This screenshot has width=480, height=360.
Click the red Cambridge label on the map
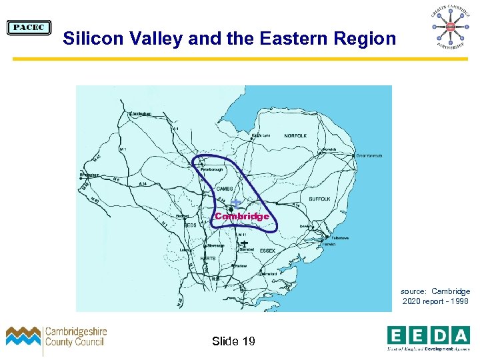(x=242, y=217)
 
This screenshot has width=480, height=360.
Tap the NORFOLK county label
(x=295, y=136)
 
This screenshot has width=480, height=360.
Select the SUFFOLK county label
(x=319, y=199)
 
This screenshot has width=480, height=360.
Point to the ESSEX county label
(x=268, y=251)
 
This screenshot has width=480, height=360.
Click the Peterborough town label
(x=213, y=169)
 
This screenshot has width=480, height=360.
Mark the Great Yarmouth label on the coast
(x=369, y=155)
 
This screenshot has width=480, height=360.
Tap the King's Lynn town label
(x=261, y=135)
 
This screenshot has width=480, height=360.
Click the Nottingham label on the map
(x=141, y=113)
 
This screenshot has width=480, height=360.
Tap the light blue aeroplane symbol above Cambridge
(x=237, y=203)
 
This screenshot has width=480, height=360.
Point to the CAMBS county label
(x=224, y=189)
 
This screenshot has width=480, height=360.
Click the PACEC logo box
(x=29, y=27)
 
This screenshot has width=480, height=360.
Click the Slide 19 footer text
(x=233, y=341)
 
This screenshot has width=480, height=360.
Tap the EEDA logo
(x=429, y=337)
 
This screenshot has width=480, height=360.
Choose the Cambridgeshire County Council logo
(x=57, y=338)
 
